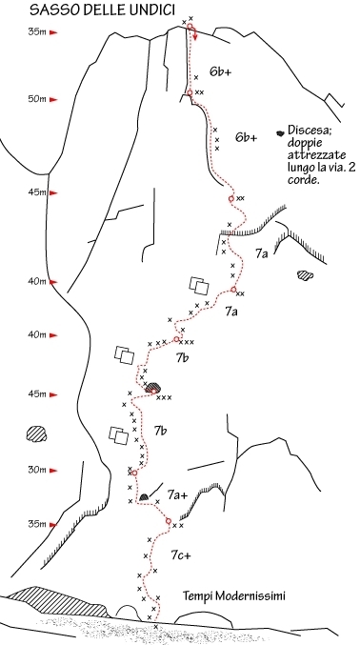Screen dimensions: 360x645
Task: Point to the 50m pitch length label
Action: click(37, 99)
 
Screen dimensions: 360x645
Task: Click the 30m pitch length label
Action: click(37, 470)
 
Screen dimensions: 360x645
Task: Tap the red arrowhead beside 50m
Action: click(53, 99)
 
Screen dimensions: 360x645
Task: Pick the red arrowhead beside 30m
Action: click(53, 471)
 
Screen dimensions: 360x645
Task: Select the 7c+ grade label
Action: click(181, 555)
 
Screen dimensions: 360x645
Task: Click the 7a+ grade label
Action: click(178, 495)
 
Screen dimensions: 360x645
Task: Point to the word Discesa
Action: click(307, 130)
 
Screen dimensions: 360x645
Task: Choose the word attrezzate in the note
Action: click(311, 155)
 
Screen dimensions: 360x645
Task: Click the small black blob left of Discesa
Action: click(280, 132)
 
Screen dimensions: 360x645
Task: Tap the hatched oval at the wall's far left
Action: click(36, 434)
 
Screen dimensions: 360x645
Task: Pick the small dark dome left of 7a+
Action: click(144, 497)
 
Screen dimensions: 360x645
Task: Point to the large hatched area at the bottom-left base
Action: click(57, 603)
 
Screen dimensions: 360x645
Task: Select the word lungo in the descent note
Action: click(301, 168)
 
